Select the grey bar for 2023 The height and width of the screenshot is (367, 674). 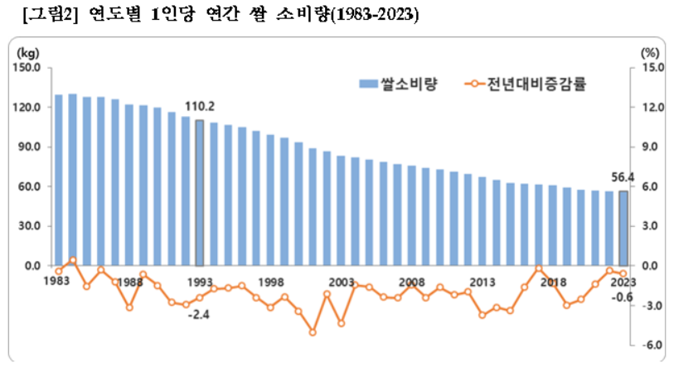(x=623, y=228)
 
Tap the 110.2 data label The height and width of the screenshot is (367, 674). (x=200, y=107)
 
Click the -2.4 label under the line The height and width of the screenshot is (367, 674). (x=198, y=314)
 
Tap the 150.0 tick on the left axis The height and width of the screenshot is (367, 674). (x=28, y=68)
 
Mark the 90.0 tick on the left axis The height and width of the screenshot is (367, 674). (x=30, y=147)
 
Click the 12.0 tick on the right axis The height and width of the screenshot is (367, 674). (x=652, y=108)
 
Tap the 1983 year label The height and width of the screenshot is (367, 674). (x=56, y=282)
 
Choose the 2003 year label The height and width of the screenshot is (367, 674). (x=341, y=282)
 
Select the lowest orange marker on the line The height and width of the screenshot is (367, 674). (x=313, y=332)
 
